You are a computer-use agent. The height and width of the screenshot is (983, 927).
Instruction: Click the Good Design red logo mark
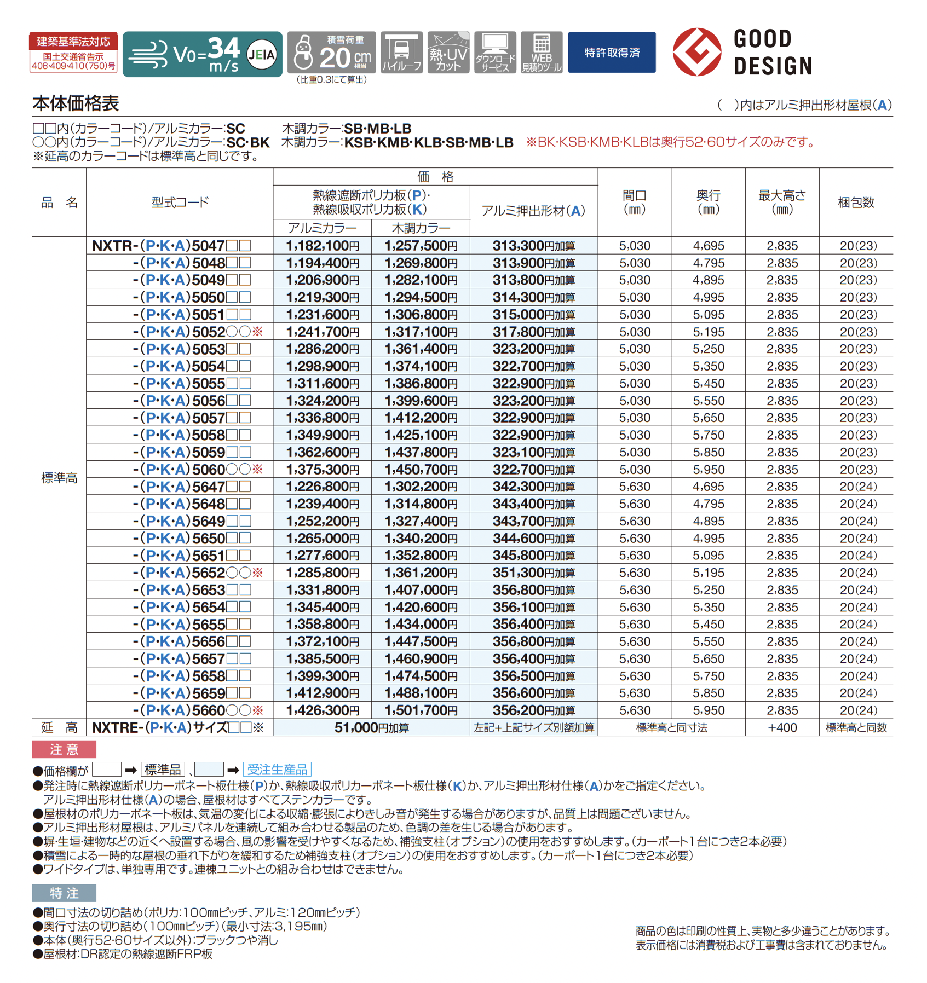point(696,52)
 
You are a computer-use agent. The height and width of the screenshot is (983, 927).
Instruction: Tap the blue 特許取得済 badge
point(612,53)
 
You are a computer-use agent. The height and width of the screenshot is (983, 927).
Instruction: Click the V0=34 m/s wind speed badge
point(202,54)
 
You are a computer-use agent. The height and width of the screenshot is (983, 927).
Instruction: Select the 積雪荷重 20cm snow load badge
point(332,53)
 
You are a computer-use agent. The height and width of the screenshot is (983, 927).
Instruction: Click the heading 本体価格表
point(76,103)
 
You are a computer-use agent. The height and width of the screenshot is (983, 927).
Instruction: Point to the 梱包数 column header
point(856,203)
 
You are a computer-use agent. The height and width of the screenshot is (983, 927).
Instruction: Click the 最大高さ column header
point(782,202)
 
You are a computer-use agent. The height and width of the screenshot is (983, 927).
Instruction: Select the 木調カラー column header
point(421,228)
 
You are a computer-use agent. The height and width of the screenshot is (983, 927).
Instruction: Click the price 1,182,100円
point(323,246)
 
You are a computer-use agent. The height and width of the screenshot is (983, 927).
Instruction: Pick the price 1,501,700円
point(421,710)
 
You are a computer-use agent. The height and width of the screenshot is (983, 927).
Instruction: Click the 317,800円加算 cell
point(533,332)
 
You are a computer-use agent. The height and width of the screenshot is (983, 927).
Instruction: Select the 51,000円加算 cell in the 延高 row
point(371,727)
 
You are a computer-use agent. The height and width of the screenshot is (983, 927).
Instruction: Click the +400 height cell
point(782,727)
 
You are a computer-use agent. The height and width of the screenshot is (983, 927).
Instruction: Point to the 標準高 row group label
point(59,478)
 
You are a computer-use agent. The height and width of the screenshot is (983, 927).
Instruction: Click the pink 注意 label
point(64,749)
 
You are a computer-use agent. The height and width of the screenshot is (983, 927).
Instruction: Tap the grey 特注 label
point(64,893)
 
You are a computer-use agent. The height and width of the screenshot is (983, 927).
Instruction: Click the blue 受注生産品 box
point(277,770)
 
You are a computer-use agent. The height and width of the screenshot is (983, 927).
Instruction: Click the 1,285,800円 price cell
point(323,573)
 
